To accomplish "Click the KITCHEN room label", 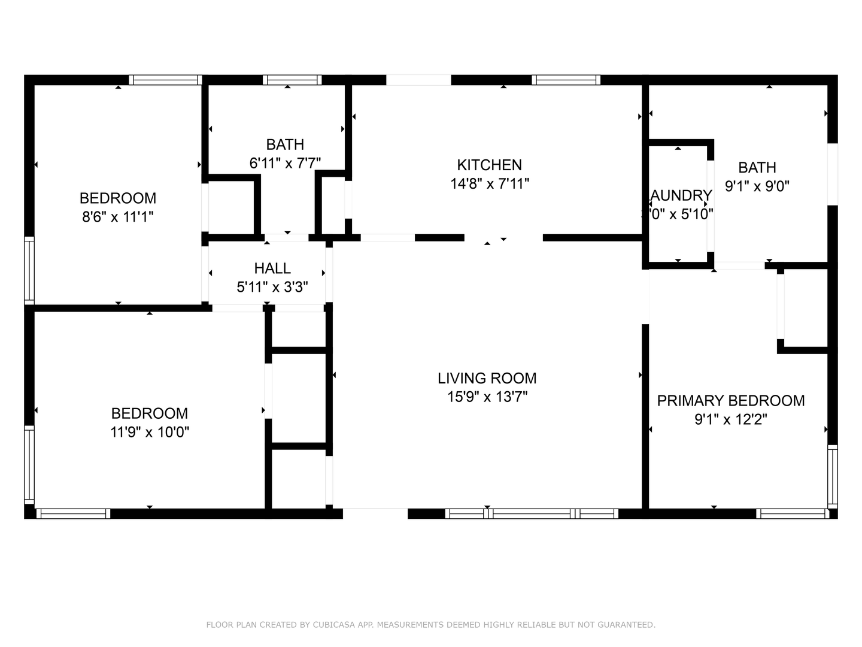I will (489, 165).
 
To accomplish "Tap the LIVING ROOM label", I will (487, 378).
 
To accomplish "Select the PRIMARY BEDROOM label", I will (730, 401).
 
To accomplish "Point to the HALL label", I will (272, 268).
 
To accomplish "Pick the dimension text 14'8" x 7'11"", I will (489, 184).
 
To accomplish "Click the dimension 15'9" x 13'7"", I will (487, 397).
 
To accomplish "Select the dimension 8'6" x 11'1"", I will (118, 217).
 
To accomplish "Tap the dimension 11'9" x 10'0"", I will (150, 432).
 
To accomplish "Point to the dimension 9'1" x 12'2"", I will (730, 419).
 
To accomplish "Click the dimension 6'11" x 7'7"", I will (285, 163).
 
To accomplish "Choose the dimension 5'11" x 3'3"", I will (272, 287).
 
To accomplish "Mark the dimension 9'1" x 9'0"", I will (757, 186).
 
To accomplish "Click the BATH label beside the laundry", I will (757, 168).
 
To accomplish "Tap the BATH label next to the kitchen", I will (285, 144).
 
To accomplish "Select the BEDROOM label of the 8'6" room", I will (118, 198).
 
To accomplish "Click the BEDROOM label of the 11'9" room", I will (150, 413).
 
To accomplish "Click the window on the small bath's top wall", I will (292, 80).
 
